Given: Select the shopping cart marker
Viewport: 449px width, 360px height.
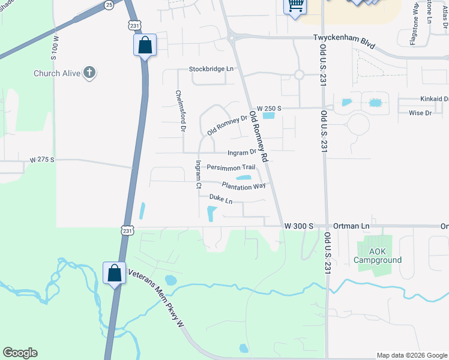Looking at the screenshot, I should tap(295, 6).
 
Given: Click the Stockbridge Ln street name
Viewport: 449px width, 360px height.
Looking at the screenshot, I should tap(211, 69).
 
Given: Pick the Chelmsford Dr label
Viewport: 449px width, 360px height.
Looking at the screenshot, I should tap(179, 111).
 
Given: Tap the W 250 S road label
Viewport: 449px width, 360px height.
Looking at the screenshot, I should tap(269, 108).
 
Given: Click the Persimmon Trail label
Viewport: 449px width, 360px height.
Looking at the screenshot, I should tap(231, 167).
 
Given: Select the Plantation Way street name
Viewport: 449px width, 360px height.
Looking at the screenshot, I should tap(244, 186).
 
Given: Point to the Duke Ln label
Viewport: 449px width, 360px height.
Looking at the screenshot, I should tap(221, 198).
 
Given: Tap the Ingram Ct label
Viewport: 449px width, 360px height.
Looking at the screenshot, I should tap(197, 175).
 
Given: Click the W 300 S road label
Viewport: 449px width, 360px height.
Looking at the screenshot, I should tap(299, 226).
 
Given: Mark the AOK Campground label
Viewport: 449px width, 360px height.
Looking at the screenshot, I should tap(377, 256).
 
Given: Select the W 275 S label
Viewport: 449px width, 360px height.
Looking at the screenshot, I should tap(42, 160).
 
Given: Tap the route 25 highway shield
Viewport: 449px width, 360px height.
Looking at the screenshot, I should tap(109, 5).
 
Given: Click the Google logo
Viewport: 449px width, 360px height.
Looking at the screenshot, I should tap(20, 353).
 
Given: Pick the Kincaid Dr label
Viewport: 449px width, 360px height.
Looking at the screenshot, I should tap(435, 99).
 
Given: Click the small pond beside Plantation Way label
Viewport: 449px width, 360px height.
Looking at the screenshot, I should tap(244, 177).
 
